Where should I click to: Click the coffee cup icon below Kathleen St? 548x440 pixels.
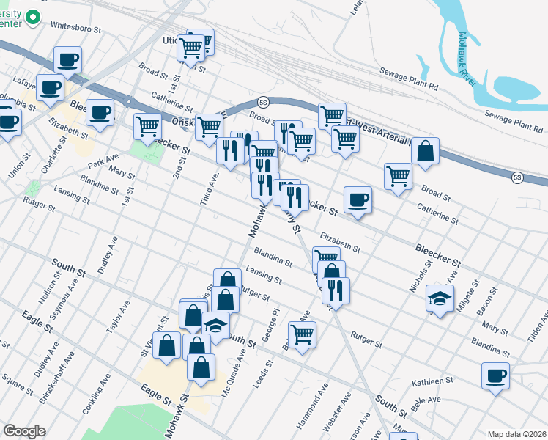[x=495, y=376]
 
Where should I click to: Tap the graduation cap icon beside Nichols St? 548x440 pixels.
[x=439, y=298]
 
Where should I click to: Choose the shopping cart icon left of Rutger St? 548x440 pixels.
[x=301, y=334]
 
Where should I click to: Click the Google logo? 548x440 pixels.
[x=24, y=431]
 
